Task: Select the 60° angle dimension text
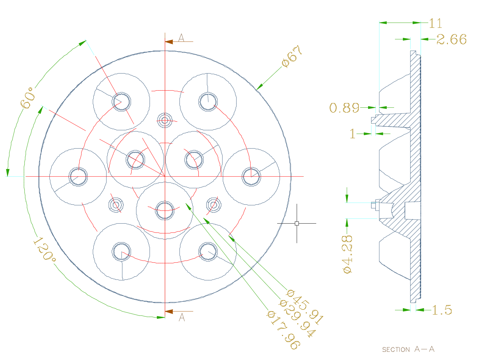(x=27, y=98)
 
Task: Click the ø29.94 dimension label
(x=298, y=318)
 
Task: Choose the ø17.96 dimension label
(x=283, y=330)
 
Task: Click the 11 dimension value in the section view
(x=436, y=23)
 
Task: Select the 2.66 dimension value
(x=451, y=39)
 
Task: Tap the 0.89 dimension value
(x=344, y=107)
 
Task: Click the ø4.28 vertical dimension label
(x=347, y=254)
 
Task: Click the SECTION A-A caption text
(x=408, y=349)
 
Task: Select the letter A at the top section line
(x=181, y=38)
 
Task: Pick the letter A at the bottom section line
(x=182, y=317)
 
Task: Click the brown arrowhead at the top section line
(x=169, y=41)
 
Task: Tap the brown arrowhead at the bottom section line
(x=169, y=311)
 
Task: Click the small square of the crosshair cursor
(x=297, y=223)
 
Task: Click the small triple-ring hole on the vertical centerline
(x=165, y=120)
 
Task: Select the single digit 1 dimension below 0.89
(x=353, y=134)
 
